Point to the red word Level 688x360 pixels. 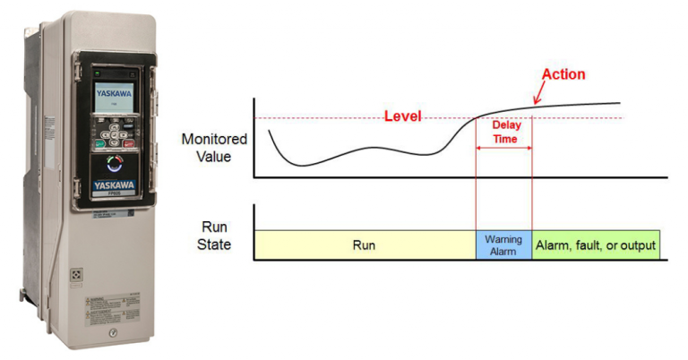[x=402, y=116]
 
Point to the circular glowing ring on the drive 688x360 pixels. [x=113, y=163]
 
